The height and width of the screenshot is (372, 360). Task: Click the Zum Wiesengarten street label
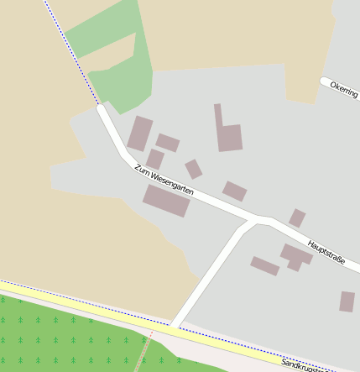click(164, 180)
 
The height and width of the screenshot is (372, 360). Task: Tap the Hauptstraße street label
click(326, 248)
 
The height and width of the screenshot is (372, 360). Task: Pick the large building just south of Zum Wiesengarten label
click(166, 201)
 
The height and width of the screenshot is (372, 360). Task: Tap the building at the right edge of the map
click(347, 301)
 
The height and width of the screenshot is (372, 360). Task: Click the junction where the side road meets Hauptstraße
click(254, 220)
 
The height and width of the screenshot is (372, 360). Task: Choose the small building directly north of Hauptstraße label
click(297, 218)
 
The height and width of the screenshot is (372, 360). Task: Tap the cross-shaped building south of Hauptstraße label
click(295, 256)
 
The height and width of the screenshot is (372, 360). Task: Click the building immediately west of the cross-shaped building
click(264, 266)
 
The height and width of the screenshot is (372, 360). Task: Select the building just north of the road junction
click(234, 191)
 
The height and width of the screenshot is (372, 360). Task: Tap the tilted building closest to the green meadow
click(139, 134)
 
